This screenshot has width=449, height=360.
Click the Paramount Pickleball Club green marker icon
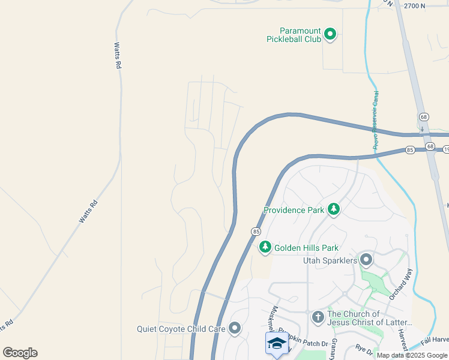coord(330,35)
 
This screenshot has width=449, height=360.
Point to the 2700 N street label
coord(414,6)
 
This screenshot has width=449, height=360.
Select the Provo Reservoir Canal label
coord(376,120)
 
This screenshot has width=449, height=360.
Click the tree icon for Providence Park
coord(334,209)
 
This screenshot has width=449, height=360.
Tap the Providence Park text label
coord(294,210)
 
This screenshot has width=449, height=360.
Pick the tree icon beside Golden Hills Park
coord(265,247)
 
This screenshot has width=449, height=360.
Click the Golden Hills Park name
coord(306,248)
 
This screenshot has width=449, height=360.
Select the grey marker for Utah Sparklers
coord(366,260)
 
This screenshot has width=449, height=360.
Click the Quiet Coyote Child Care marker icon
coord(234,328)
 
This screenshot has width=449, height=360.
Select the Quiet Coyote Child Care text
coord(181,329)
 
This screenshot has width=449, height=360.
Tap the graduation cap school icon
coord(276,343)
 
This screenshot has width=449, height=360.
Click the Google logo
coord(20,353)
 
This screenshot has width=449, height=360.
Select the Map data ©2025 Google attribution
coord(411,355)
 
